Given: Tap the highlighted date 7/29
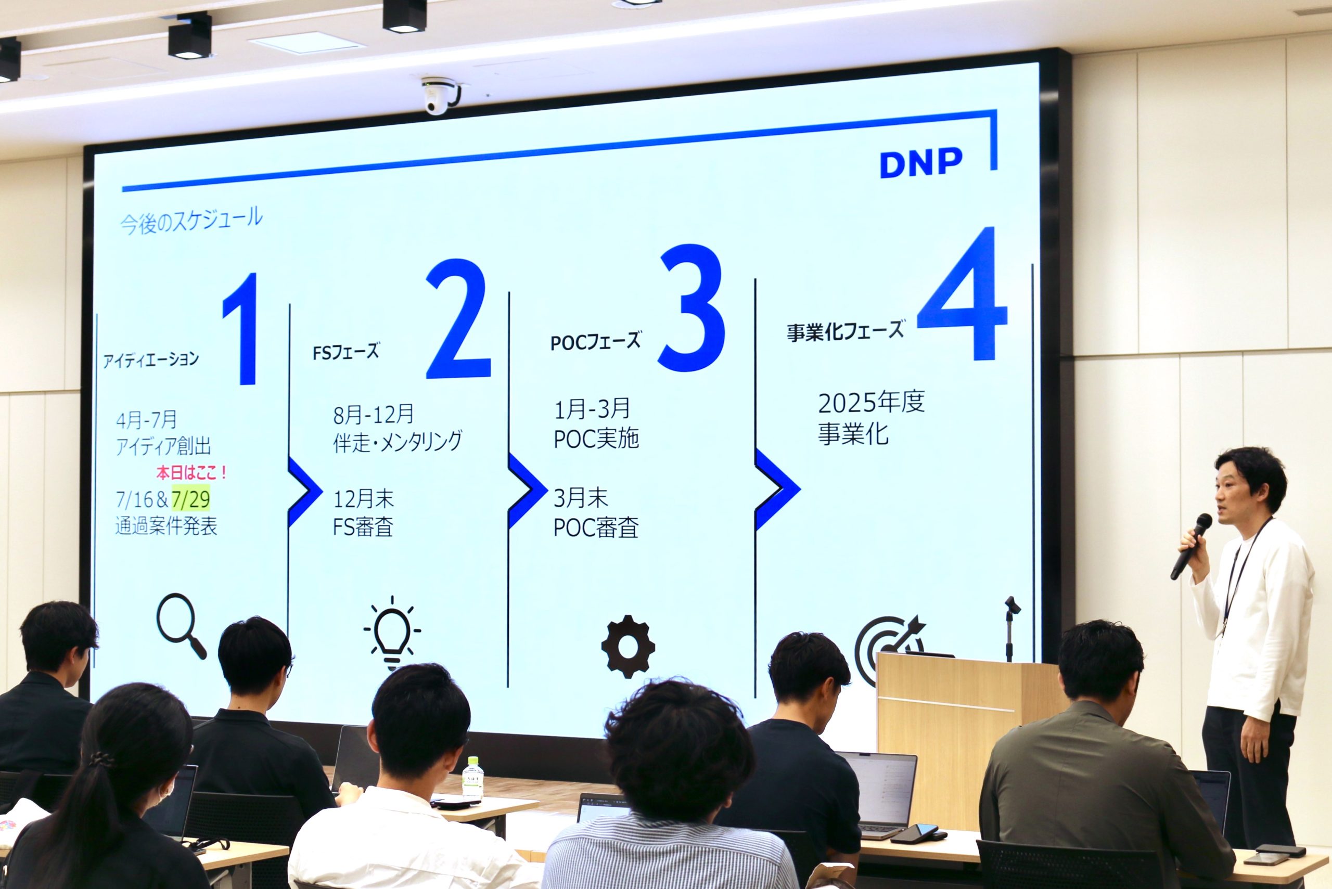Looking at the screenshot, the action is pyautogui.click(x=190, y=499).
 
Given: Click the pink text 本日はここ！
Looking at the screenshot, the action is pyautogui.click(x=191, y=472).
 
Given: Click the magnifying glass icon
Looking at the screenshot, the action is pyautogui.click(x=181, y=625).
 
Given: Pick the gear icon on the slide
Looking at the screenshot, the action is pyautogui.click(x=627, y=647).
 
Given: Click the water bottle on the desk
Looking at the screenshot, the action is pyautogui.click(x=472, y=778).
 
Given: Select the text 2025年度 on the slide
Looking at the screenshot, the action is pyautogui.click(x=871, y=403).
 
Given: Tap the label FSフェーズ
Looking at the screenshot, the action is pyautogui.click(x=345, y=352).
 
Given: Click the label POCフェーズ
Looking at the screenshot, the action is pyautogui.click(x=595, y=341).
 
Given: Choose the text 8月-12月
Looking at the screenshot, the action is pyautogui.click(x=373, y=415).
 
